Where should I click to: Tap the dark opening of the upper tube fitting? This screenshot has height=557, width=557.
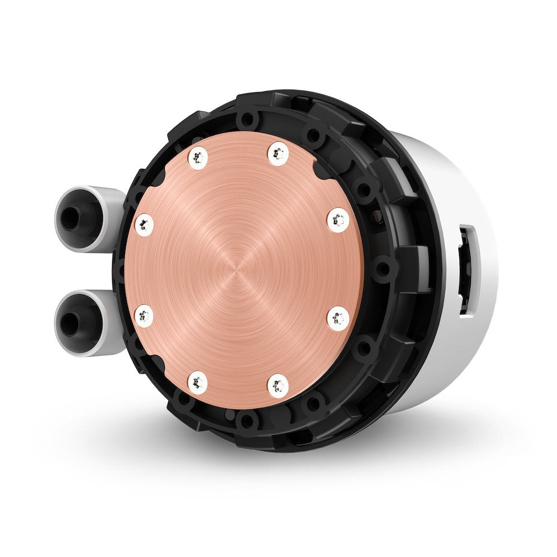(71, 218)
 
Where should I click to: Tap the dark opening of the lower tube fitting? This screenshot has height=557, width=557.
(71, 324)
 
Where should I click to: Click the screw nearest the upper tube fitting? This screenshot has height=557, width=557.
(144, 224)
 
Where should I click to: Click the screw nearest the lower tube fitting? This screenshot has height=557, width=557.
(144, 316)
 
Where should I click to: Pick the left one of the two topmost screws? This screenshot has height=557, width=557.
(198, 159)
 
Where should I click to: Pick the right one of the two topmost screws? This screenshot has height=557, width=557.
(278, 154)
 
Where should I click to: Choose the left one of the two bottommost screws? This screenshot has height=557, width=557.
(198, 382)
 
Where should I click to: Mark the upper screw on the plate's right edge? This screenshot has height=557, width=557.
(338, 219)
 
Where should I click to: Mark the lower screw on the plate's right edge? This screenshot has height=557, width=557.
(338, 319)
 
